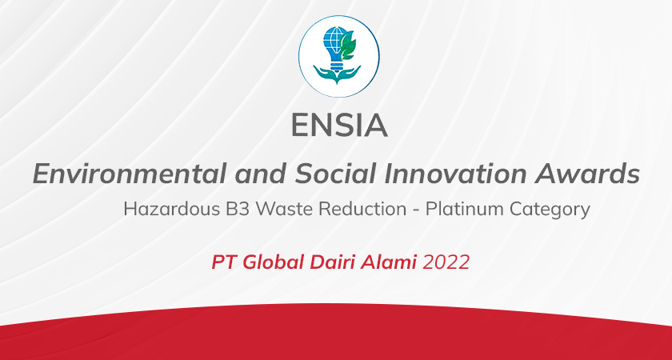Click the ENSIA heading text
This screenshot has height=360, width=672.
point(339,126)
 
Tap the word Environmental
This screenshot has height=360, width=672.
point(129,174)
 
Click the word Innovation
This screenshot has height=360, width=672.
point(454,174)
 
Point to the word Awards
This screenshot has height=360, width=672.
point(587,174)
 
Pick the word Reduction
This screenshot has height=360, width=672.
point(364,209)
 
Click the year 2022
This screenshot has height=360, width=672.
point(446,262)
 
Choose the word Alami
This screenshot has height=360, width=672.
point(389,262)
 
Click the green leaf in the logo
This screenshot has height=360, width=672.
point(347,45)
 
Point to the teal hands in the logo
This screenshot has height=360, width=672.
point(337,74)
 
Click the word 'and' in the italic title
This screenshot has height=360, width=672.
point(260,174)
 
